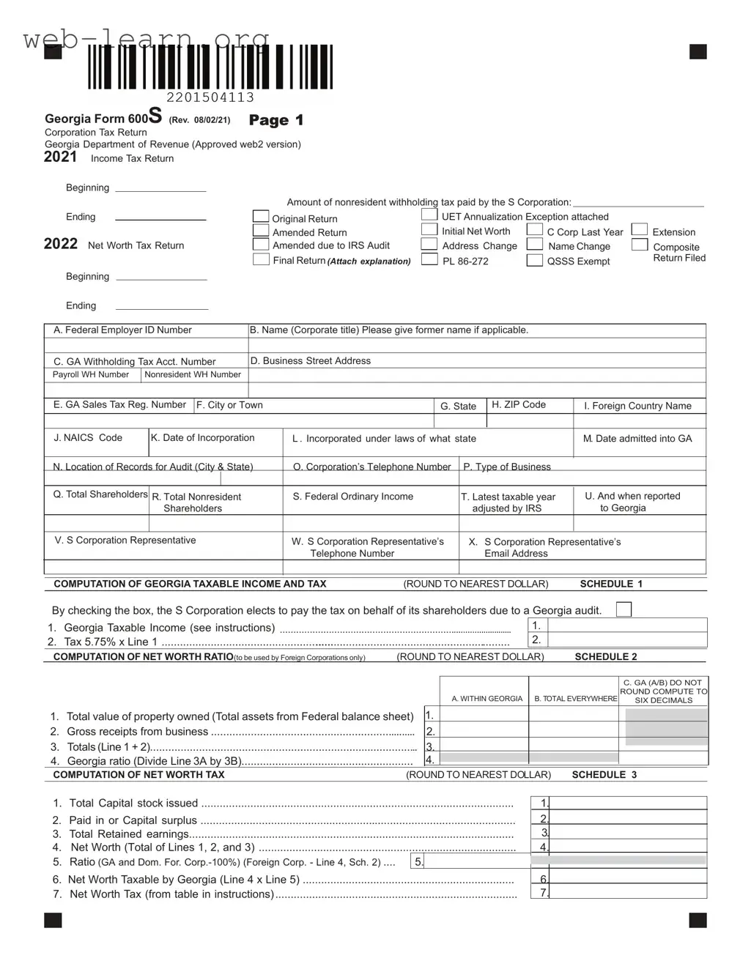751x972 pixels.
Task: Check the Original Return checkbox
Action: tap(261, 216)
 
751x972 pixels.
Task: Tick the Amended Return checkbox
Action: tap(261, 230)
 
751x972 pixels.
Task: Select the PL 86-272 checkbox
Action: tap(429, 259)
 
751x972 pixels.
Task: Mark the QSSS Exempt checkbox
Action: tap(535, 260)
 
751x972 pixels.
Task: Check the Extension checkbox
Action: tap(640, 230)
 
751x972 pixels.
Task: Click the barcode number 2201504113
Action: tap(210, 97)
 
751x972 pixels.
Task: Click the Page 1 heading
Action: tap(276, 120)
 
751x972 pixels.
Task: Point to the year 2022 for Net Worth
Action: tap(61, 244)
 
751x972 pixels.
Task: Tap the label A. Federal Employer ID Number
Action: tap(122, 330)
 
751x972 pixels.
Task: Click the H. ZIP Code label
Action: tap(519, 404)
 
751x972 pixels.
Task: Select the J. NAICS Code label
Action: tap(88, 437)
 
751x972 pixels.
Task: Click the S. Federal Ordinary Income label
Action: tap(353, 497)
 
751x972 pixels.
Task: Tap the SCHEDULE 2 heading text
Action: tap(606, 657)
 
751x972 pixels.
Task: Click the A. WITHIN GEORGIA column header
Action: tap(487, 699)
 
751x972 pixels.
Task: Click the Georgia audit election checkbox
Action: tap(624, 609)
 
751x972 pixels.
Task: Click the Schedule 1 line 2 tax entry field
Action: tap(627, 639)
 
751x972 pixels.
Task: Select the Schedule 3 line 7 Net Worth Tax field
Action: tap(628, 892)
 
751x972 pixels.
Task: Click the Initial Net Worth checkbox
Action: tap(429, 229)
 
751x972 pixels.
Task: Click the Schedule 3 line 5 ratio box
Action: tap(476, 861)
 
